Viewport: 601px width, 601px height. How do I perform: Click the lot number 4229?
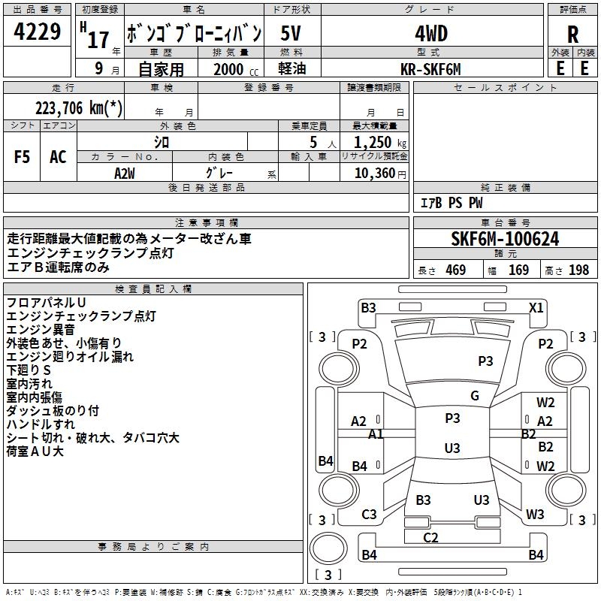(x=37, y=32)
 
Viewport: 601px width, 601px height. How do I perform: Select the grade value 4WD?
(x=431, y=34)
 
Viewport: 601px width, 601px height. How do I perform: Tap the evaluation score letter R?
(x=572, y=35)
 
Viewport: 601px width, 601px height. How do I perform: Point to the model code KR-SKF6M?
(x=430, y=69)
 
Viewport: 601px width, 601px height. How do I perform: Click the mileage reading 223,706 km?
(x=79, y=108)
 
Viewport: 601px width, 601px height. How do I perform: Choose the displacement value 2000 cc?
(x=236, y=69)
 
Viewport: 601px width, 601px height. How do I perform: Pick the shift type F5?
(x=22, y=157)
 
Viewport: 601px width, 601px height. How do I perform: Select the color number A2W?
(x=125, y=174)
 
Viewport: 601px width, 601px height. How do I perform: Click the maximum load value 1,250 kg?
(x=379, y=143)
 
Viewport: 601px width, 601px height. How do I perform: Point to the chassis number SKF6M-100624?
(x=505, y=239)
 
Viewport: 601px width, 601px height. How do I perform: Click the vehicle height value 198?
(x=578, y=270)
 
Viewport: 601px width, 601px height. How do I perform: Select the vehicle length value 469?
(x=456, y=270)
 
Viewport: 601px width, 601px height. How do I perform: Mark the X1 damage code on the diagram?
(x=536, y=308)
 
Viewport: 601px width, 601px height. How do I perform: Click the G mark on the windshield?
(x=475, y=396)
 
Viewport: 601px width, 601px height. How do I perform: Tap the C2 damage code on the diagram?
(x=430, y=537)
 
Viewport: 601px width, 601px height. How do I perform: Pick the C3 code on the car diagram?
(x=369, y=515)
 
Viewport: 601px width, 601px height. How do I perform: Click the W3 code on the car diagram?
(x=535, y=514)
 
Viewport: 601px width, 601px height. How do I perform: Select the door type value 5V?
(x=291, y=33)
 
